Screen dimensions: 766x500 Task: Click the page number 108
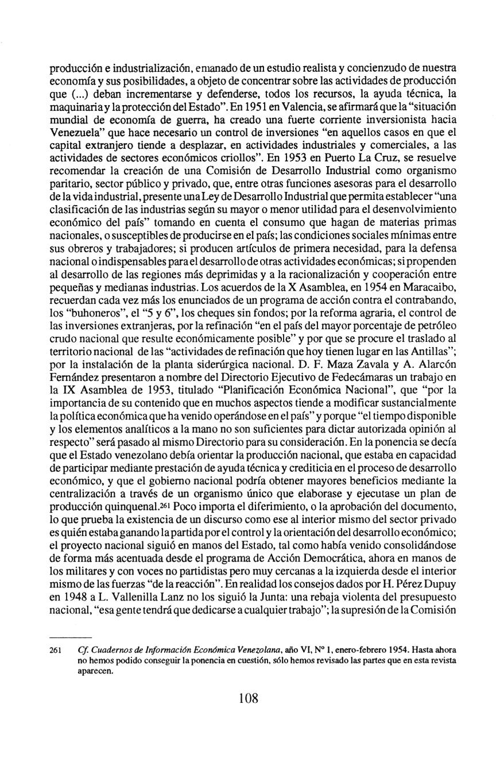249,698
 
